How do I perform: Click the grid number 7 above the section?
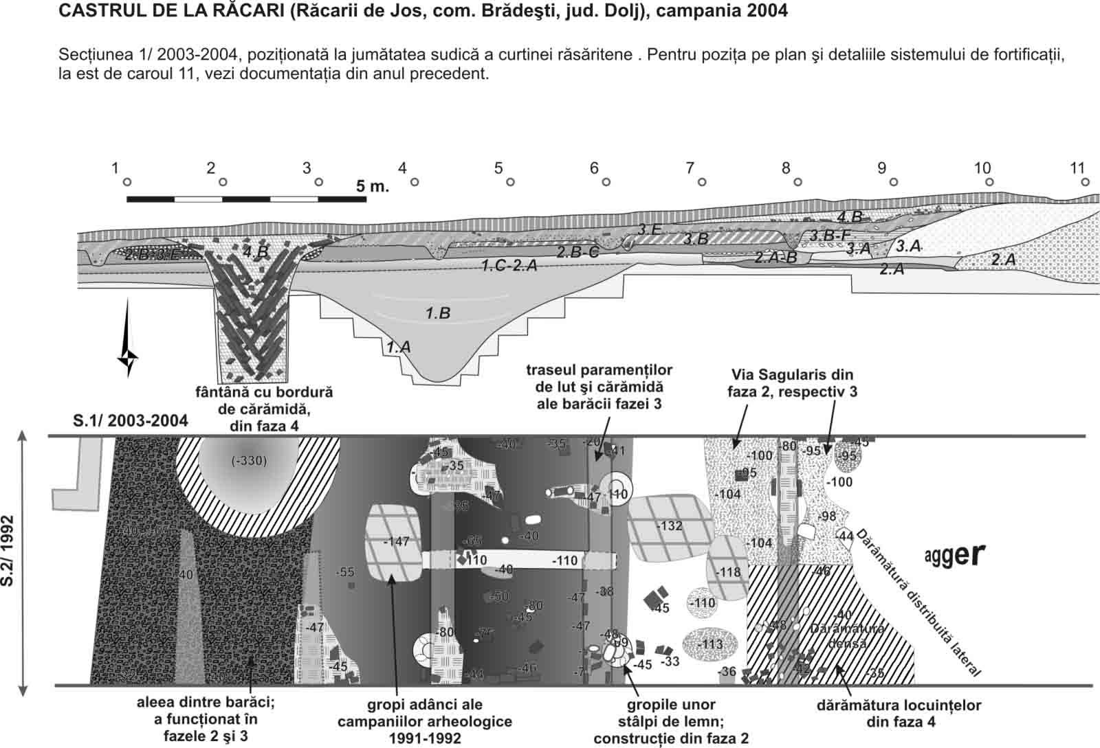pyautogui.click(x=690, y=168)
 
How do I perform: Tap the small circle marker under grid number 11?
pyautogui.click(x=1085, y=182)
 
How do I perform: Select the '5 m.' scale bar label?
pyautogui.click(x=372, y=186)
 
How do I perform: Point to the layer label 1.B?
pyautogui.click(x=437, y=314)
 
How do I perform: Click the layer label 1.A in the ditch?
pyautogui.click(x=398, y=348)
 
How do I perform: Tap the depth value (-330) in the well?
pyautogui.click(x=248, y=460)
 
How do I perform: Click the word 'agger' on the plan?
pyautogui.click(x=955, y=555)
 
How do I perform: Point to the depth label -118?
pyautogui.click(x=728, y=572)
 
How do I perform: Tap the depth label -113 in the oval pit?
pyautogui.click(x=710, y=644)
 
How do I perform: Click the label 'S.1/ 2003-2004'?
pyautogui.click(x=131, y=420)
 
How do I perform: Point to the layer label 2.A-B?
pyautogui.click(x=775, y=258)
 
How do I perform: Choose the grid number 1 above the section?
pyautogui.click(x=115, y=168)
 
